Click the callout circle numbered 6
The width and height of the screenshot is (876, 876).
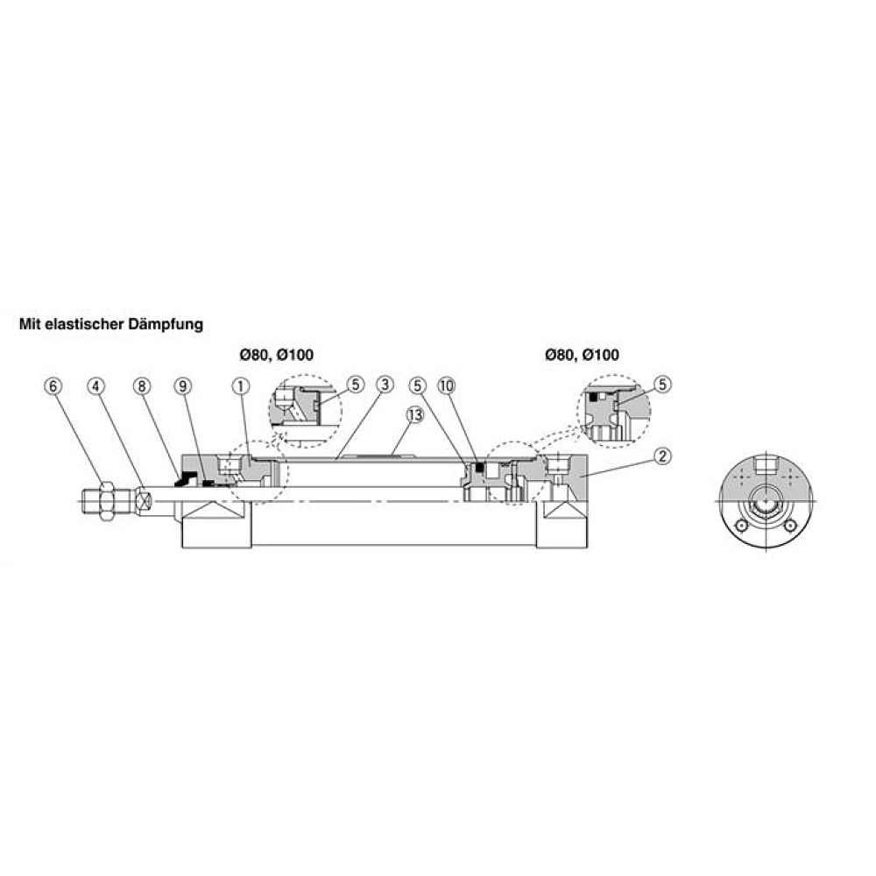coord(54,385)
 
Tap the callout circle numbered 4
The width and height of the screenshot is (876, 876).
coord(96,385)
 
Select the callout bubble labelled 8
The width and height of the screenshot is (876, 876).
coord(143,385)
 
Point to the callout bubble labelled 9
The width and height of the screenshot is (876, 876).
coord(182,385)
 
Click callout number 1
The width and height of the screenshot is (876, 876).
coord(240,385)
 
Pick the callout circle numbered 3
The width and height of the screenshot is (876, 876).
coord(383,385)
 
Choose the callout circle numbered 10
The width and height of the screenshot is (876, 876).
coord(447,385)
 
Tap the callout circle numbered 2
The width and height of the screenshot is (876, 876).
coord(663,455)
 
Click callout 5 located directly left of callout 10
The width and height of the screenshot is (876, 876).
coord(416,385)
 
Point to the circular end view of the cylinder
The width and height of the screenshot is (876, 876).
coord(767,503)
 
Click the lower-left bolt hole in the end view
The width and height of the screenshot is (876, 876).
coord(743,526)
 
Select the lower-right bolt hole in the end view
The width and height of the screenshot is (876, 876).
coord(792,526)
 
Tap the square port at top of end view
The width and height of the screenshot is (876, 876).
coord(767,465)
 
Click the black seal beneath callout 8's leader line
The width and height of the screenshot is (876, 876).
coord(186,479)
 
